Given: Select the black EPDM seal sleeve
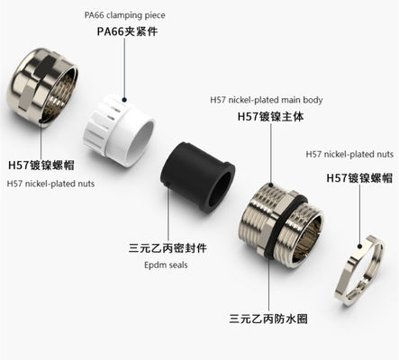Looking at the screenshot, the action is tap(197, 177).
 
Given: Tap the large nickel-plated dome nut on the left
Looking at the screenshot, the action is tap(42, 87).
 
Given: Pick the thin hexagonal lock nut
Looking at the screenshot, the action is tap(359, 270).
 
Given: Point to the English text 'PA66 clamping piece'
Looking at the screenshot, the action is tap(124, 15).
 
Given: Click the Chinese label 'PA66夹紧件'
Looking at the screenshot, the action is tap(127, 31).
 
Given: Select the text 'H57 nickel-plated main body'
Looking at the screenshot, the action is tap(267, 100).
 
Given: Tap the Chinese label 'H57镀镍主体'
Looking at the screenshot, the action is tap(270, 116).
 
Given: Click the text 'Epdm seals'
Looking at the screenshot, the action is tap(166, 265).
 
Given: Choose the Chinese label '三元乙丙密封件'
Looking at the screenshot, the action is tap(168, 248).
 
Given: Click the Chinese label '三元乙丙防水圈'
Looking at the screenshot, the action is tap(268, 319).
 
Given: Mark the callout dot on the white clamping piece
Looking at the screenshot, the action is tap(124, 100).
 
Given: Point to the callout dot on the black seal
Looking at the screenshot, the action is tap(168, 184).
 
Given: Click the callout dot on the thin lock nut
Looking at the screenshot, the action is tap(360, 247).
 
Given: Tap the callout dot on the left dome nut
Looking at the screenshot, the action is tap(41, 121).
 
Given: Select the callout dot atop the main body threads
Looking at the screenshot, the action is tap(270, 184).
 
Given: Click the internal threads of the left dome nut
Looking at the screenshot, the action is tap(61, 92).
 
